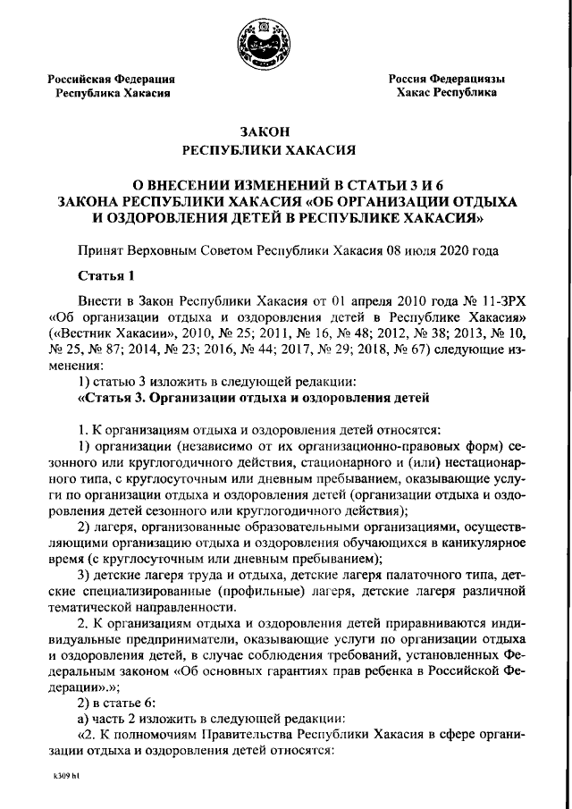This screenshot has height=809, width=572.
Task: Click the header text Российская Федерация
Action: click(x=111, y=80)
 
